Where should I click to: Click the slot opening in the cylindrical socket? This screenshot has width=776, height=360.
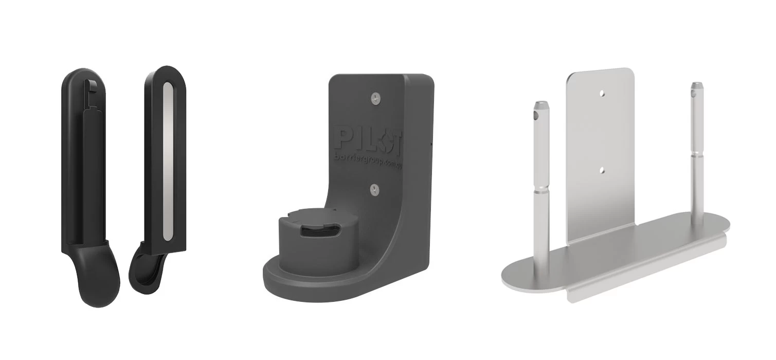click(315, 232)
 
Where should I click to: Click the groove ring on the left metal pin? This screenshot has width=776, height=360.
click(541, 190)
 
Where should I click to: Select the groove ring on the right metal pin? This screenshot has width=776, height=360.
click(698, 157)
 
